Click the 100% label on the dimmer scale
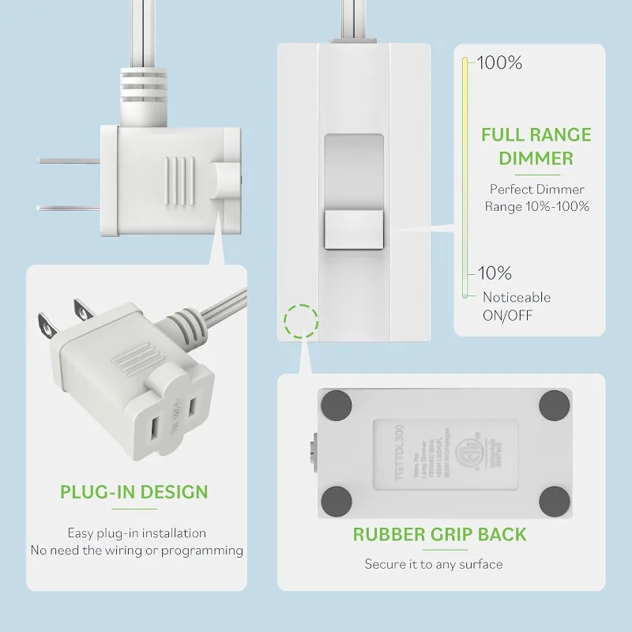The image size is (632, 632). click(498, 63)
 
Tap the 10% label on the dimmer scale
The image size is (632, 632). click(495, 273)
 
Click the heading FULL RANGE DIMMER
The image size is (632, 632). click(536, 146)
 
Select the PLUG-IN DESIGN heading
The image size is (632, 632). click(134, 492)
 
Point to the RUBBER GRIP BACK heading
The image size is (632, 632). click(439, 534)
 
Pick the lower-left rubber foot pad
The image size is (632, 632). click(337, 499)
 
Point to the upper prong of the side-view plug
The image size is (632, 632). click(68, 161)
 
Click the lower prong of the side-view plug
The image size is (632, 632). click(68, 208)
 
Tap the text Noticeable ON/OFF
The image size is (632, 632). click(517, 307)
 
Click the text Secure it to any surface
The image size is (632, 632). click(433, 564)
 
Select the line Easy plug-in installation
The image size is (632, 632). click(137, 533)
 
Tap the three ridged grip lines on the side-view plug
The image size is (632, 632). click(179, 180)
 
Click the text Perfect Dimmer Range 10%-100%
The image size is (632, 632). click(537, 197)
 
